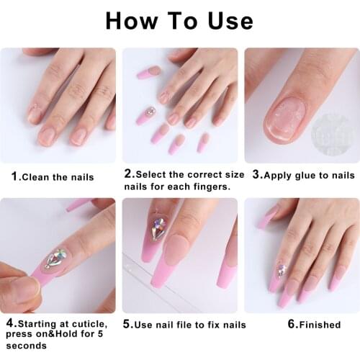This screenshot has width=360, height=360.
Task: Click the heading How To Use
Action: (179, 20)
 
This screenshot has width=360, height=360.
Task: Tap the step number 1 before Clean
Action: (14, 176)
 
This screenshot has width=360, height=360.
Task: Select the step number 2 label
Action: (128, 174)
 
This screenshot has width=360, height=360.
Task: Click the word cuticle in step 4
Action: (91, 324)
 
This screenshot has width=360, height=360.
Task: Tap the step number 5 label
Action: (127, 324)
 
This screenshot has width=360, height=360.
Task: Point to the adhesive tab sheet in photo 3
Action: (333, 133)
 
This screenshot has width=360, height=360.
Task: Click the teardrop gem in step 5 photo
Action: (158, 230)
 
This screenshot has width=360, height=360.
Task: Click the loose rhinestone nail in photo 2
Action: (148, 114)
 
